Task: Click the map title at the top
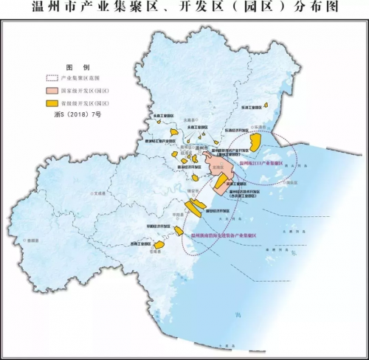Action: [184, 10]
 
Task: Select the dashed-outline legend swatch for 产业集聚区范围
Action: [54, 77]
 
